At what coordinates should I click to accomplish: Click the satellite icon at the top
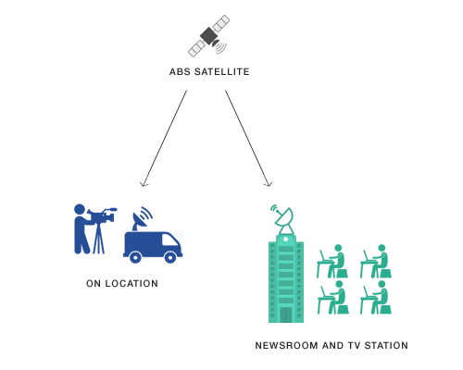pos(209,36)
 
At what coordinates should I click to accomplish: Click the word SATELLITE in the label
pos(221,72)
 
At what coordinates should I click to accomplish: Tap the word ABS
pos(180,72)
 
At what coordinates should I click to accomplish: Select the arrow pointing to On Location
pos(164,139)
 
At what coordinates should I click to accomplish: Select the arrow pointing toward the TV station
pos(248,139)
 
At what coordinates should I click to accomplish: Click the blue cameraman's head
pos(80,209)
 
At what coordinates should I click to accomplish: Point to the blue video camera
pos(102,216)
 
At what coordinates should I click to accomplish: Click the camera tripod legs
pos(98,239)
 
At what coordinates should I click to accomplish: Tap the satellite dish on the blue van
pos(142,218)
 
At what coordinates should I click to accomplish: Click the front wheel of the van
pos(170,257)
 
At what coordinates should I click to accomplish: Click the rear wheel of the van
pos(135,257)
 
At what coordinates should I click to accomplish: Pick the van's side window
pos(169,240)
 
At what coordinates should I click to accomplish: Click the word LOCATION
pos(131,284)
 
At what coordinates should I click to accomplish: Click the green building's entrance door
pos(286,314)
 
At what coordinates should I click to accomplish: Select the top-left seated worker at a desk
pos(332,262)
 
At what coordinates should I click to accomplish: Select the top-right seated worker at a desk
pos(376,262)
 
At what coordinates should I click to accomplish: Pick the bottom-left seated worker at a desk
pos(332,298)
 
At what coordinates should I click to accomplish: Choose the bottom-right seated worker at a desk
pos(376,298)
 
